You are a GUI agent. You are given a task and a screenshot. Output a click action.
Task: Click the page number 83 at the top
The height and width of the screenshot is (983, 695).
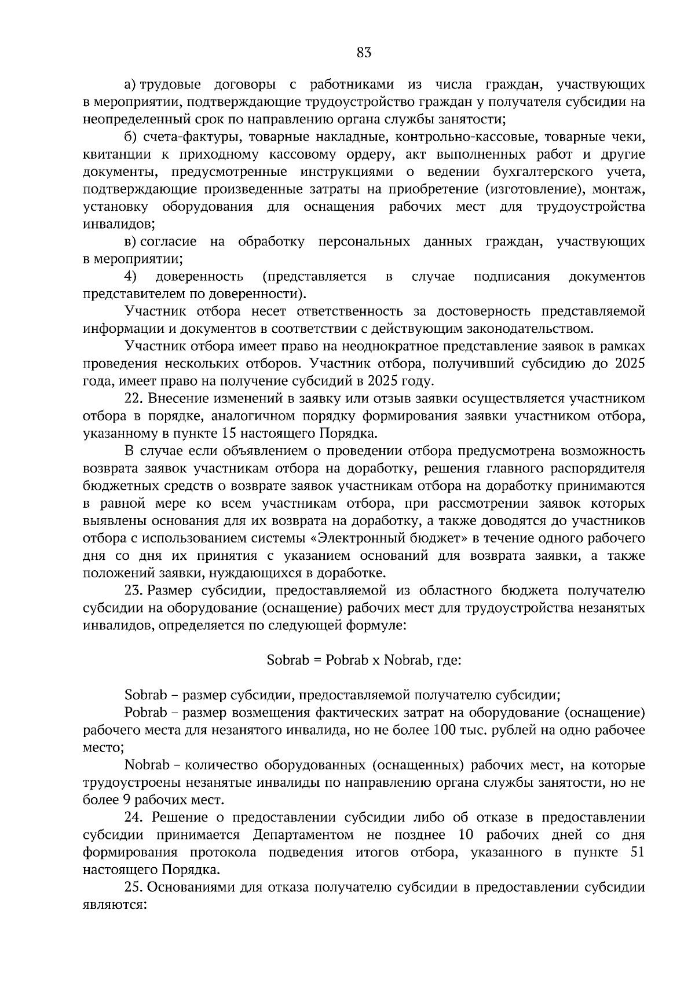click(x=364, y=53)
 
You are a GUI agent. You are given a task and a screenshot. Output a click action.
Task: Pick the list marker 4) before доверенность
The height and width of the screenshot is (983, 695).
click(x=130, y=276)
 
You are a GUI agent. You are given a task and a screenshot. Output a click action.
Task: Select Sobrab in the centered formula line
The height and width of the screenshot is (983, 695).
click(x=288, y=660)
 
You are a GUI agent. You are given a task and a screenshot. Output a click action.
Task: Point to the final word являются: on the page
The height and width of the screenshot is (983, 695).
click(x=113, y=904)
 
